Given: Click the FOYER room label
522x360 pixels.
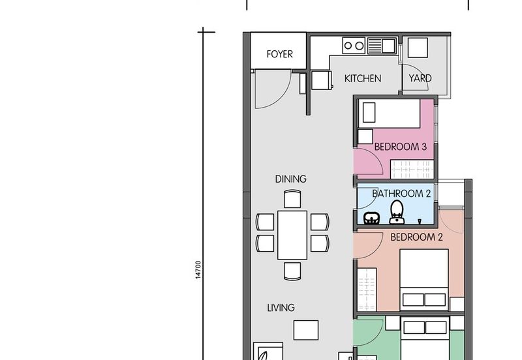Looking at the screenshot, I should [279, 55].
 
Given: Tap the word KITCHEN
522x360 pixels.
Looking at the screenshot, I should [363, 78].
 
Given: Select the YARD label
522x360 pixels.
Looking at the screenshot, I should [420, 78].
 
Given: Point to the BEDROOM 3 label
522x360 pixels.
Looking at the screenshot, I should [400, 147].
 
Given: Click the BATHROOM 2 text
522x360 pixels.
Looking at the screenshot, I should [401, 194].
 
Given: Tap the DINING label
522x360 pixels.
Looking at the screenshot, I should [291, 179].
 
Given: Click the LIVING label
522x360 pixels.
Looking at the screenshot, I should [280, 308].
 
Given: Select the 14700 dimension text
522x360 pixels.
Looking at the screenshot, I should [198, 271].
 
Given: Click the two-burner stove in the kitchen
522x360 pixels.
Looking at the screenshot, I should [354, 46].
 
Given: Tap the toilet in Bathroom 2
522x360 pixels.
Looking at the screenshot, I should [395, 211].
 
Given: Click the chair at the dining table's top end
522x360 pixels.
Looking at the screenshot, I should [292, 198].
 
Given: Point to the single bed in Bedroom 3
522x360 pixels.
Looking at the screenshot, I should [390, 114].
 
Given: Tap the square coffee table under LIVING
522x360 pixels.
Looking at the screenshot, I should [305, 330].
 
